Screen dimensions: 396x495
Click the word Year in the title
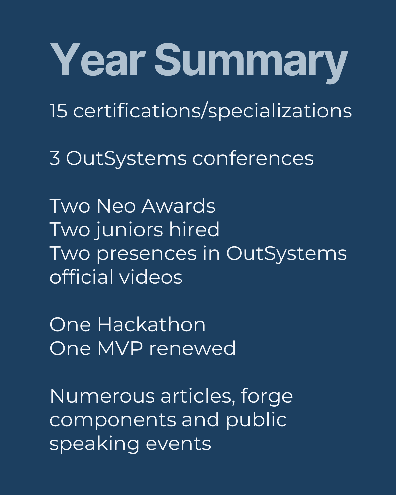tap(98, 60)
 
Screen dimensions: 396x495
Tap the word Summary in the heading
tap(251, 63)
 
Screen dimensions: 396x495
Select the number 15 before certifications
tap(59, 111)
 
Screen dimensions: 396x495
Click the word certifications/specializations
tap(213, 111)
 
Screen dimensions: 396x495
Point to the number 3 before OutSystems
tap(55, 158)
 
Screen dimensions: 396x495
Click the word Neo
tap(116, 206)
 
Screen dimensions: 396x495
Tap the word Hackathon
tap(151, 325)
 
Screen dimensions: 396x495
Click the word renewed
tap(192, 348)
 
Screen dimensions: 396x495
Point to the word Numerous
tap(102, 396)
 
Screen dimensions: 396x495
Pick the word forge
tap(267, 397)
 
